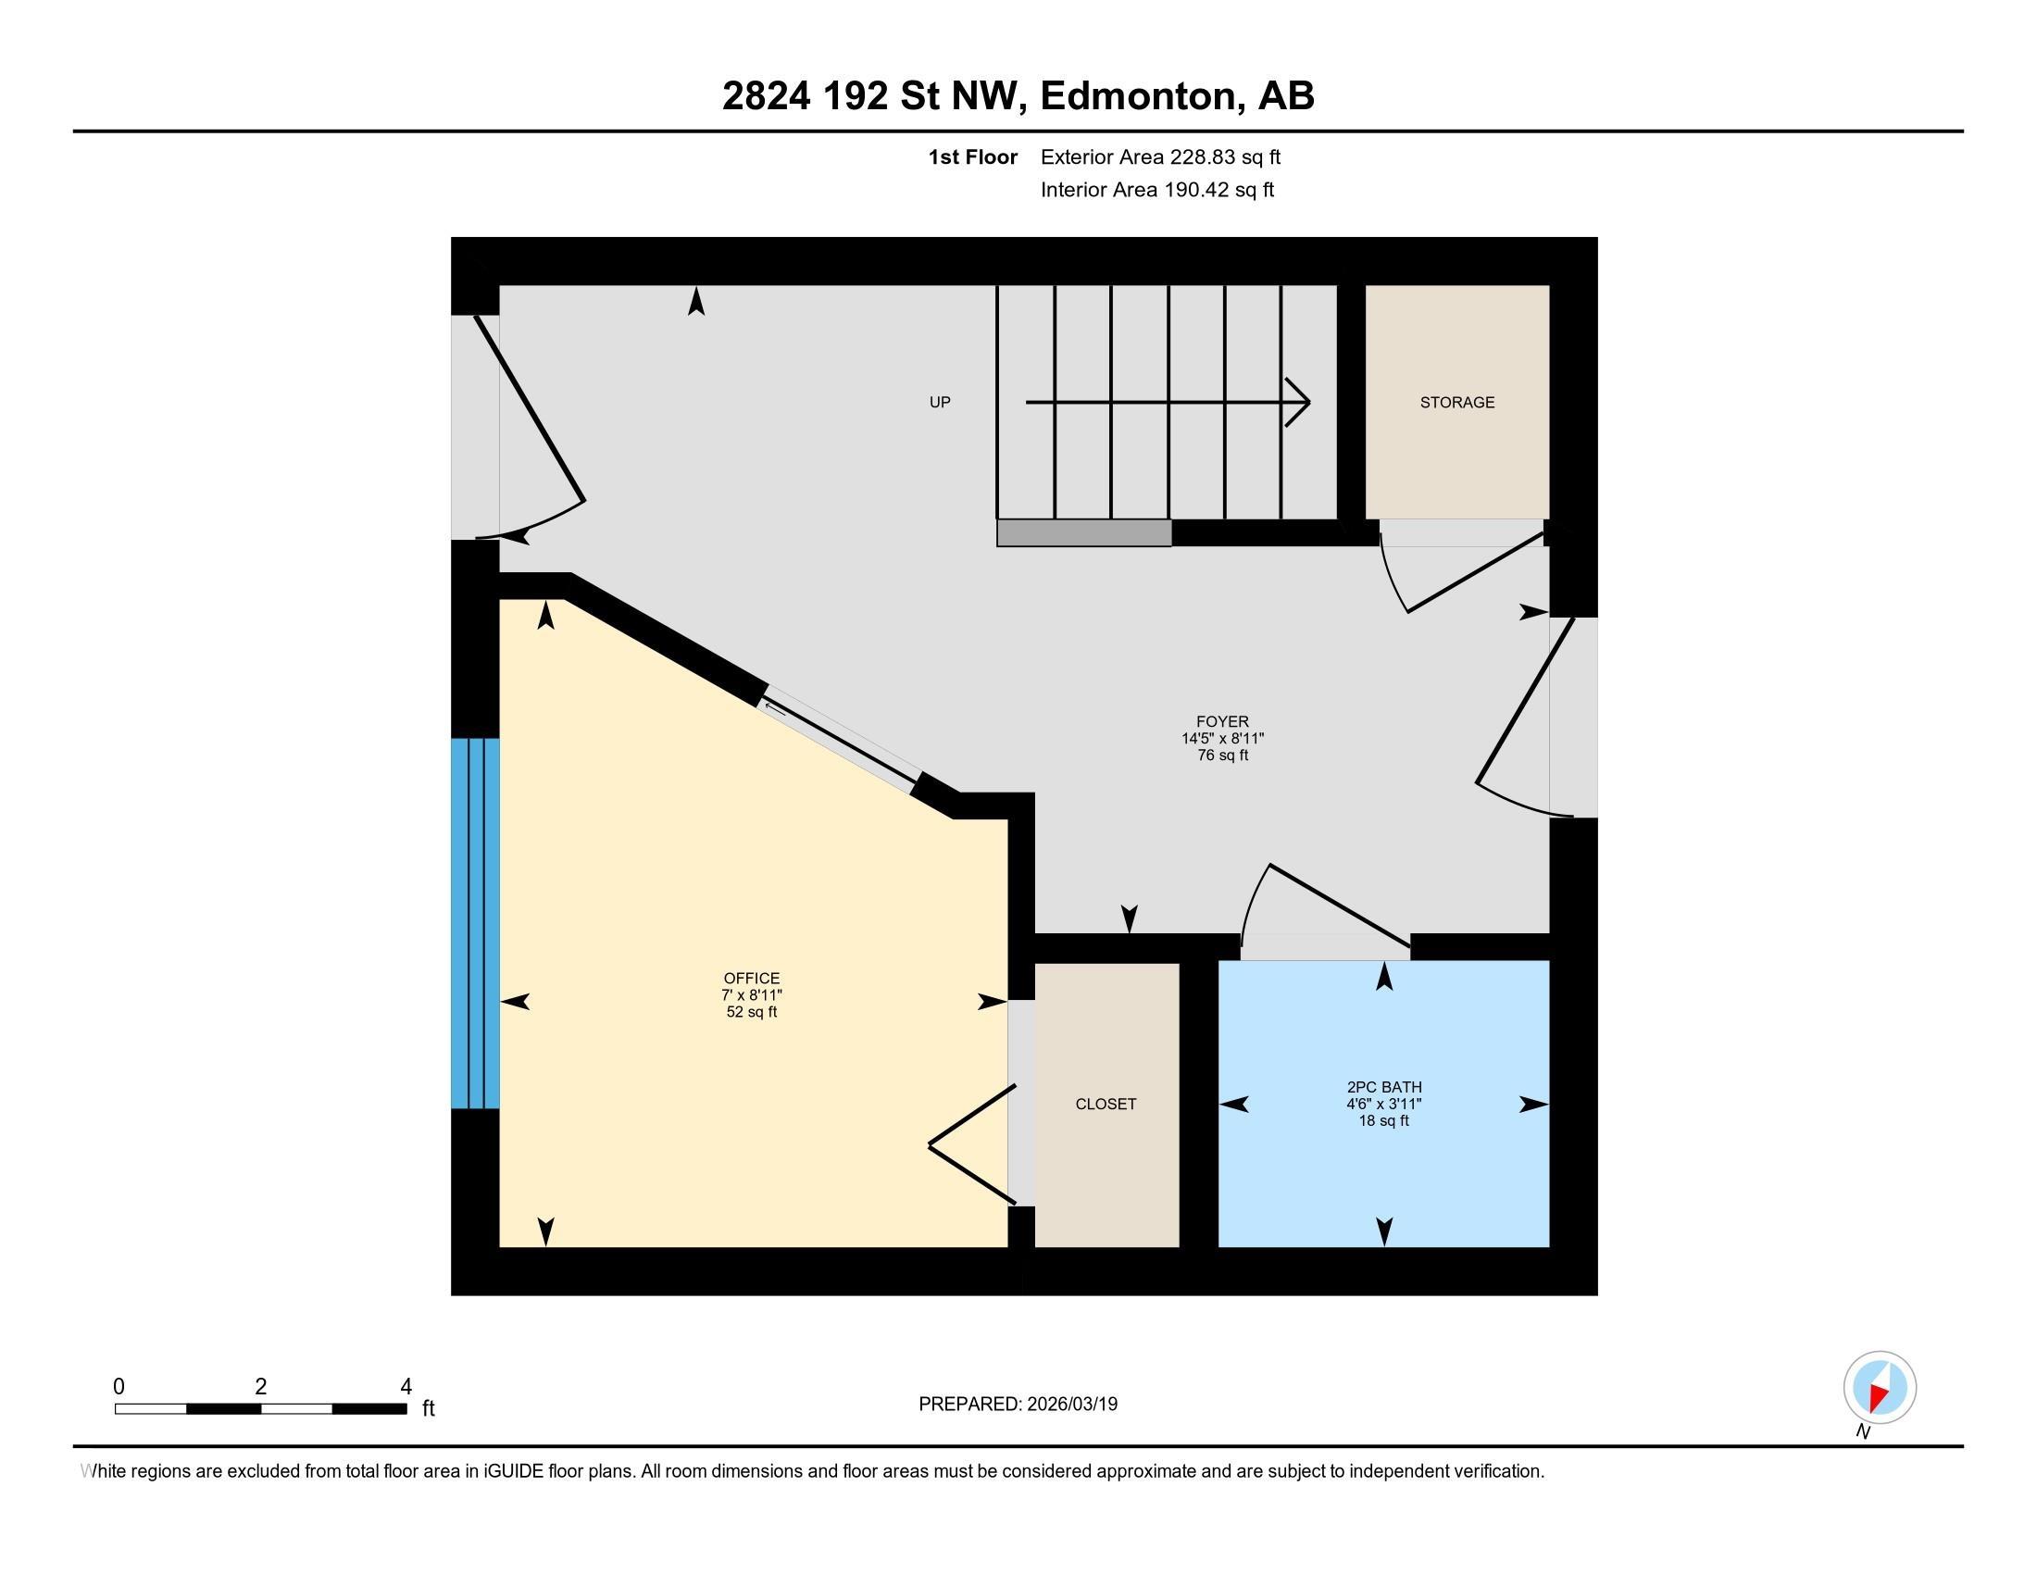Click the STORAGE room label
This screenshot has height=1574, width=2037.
pos(1456,402)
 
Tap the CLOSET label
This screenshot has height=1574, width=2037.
pos(1106,1103)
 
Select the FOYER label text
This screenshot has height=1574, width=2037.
pos(1222,720)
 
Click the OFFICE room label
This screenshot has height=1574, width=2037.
pos(751,978)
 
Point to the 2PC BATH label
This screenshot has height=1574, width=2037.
pos(1384,1086)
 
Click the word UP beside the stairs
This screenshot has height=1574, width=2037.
pos(939,402)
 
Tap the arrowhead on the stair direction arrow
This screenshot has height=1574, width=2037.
pos(1300,402)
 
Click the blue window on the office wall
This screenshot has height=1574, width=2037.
pos(475,922)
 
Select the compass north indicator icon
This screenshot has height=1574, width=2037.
pos(1880,1387)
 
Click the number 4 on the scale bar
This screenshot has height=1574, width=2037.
pos(406,1387)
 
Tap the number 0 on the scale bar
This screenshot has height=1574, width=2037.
pos(119,1387)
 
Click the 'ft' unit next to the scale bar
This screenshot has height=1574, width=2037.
pos(428,1408)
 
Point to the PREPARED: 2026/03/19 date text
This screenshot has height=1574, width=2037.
pos(1018,1404)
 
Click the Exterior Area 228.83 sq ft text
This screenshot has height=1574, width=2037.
pos(1160,156)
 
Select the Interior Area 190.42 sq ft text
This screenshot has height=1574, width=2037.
pos(1156,189)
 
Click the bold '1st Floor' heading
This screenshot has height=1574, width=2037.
pos(972,156)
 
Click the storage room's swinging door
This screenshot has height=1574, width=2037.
pos(1474,572)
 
